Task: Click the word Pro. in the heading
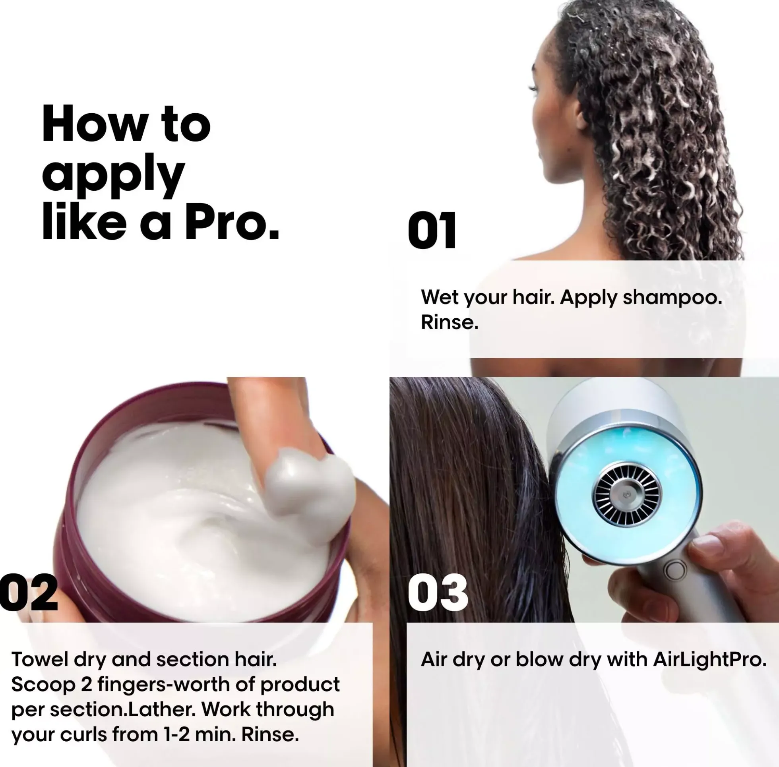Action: pos(232,222)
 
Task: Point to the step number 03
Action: pos(438,592)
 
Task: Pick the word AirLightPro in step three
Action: pos(709,660)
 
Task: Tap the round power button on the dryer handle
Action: pos(675,570)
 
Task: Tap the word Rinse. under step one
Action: pos(450,323)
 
